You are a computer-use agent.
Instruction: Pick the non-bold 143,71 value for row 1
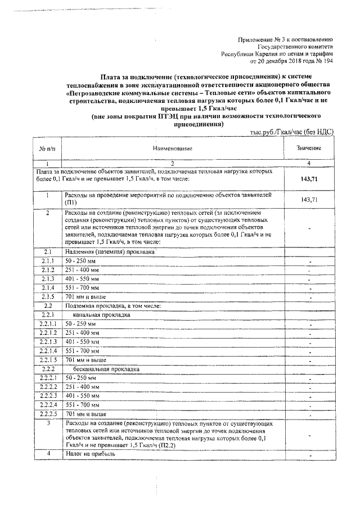pyautogui.click(x=309, y=200)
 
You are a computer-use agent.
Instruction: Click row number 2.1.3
pyautogui.click(x=48, y=278)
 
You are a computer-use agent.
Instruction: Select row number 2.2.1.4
pyautogui.click(x=48, y=350)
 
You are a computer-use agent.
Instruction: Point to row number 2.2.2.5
pyautogui.click(x=48, y=413)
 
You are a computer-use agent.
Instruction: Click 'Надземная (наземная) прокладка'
pyautogui.click(x=109, y=251)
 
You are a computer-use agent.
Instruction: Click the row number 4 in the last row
pyautogui.click(x=48, y=453)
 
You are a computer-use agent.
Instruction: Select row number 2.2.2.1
pyautogui.click(x=48, y=377)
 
